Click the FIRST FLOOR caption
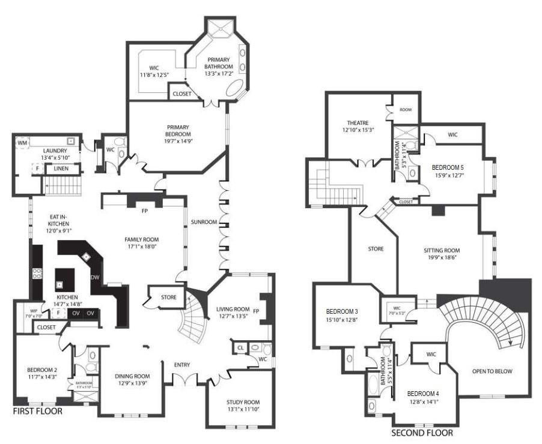37,412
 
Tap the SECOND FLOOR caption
422,433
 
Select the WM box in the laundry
23,143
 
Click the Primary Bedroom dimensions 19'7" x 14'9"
178,142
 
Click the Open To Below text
492,371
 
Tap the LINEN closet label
61,169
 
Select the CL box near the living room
240,347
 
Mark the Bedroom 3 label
342,311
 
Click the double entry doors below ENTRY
184,380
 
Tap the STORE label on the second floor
376,248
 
